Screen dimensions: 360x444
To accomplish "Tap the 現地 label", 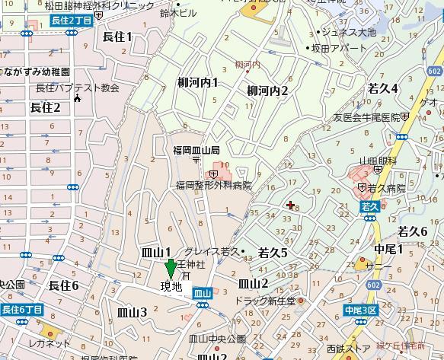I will pyautogui.click(x=171, y=287).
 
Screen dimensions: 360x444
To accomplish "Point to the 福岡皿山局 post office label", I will pyautogui.click(x=196, y=151).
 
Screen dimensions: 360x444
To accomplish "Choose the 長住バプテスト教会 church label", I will pyautogui.click(x=78, y=88).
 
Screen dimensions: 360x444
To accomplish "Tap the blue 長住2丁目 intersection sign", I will pyautogui.click(x=72, y=21).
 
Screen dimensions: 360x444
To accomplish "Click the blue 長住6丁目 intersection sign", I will pyautogui.click(x=21, y=310).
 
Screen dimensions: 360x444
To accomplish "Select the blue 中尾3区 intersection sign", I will pyautogui.click(x=360, y=311).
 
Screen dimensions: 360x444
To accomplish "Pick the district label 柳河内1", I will pyautogui.click(x=198, y=82).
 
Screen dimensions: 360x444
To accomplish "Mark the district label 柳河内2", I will pyautogui.click(x=268, y=91).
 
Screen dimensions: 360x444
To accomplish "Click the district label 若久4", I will pyautogui.click(x=383, y=88).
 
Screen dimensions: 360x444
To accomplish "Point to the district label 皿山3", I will pyautogui.click(x=132, y=311).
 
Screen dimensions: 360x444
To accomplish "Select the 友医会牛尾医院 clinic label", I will pyautogui.click(x=366, y=117).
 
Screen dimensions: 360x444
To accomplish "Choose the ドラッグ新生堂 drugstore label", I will pyautogui.click(x=268, y=301).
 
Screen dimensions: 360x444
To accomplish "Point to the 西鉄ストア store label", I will pyautogui.click(x=347, y=349).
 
